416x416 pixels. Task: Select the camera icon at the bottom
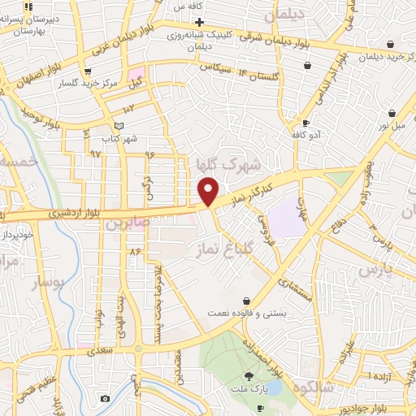105,399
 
